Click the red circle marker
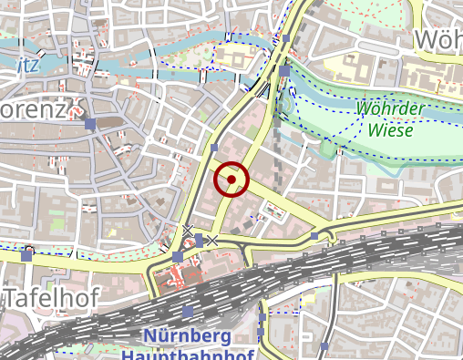[231, 180]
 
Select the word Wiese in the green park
[391, 129]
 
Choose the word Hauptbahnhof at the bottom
[187, 355]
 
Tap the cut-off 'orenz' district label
[35, 110]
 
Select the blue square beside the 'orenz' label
[89, 123]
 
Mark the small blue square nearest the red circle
[214, 147]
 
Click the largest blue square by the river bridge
[285, 70]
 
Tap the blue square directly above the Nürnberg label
[188, 311]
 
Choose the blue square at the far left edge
[26, 256]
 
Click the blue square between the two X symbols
[199, 239]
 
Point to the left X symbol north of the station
[188, 230]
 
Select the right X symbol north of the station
[211, 240]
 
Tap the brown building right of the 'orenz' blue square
[111, 122]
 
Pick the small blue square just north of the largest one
[286, 39]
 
